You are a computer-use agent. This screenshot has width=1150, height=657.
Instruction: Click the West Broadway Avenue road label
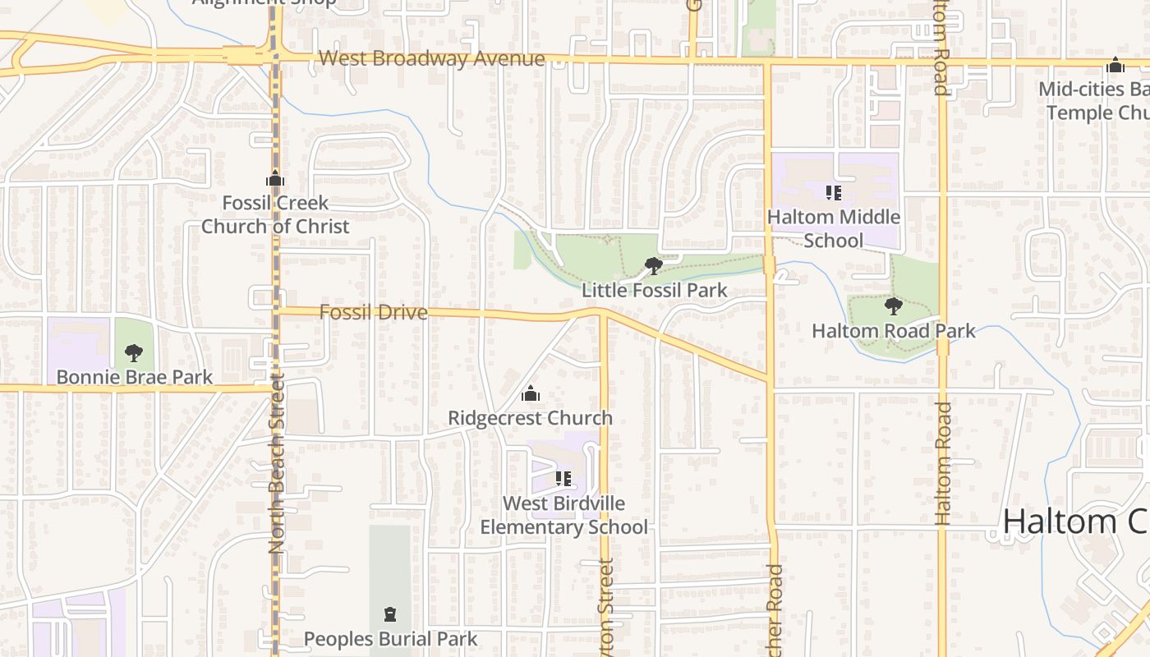point(431,59)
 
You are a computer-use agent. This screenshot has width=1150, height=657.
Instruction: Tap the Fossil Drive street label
point(373,312)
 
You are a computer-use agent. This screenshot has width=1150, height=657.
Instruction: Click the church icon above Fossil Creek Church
point(274,179)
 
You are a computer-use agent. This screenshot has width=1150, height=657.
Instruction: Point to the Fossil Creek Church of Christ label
point(275,214)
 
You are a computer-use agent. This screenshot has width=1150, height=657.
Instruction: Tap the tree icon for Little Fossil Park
point(654,266)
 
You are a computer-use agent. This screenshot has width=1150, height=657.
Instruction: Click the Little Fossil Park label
point(654,290)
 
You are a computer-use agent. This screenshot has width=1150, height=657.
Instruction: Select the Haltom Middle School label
point(833,228)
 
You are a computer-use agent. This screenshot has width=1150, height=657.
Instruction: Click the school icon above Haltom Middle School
point(834,193)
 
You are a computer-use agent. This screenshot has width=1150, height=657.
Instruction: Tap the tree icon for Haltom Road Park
point(893,306)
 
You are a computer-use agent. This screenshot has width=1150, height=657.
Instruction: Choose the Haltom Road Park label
point(893,331)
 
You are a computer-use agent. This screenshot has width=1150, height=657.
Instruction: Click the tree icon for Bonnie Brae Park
point(133,353)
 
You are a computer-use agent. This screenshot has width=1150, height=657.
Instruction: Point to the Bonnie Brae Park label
point(134,378)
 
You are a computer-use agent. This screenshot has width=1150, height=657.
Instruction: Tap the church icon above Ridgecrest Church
point(531,394)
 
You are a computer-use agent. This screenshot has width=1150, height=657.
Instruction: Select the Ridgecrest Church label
point(530,418)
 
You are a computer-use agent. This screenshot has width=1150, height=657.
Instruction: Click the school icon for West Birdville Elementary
point(563,478)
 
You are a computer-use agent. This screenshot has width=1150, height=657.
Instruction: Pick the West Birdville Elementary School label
point(563,515)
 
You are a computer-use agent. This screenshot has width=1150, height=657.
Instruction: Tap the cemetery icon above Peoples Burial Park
point(390,614)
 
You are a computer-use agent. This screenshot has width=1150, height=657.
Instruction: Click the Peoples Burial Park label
point(390,639)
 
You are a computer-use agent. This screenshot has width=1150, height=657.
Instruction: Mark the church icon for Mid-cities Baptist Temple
point(1115,65)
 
